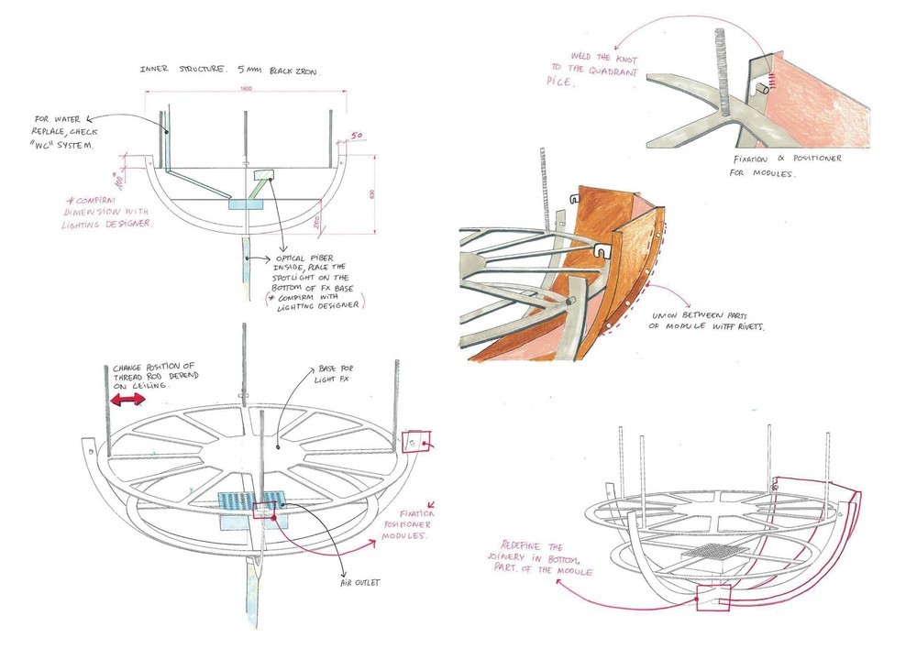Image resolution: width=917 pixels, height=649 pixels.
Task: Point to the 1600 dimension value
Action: pyautogui.click(x=246, y=89)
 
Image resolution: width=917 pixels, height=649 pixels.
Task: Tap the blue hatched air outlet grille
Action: pyautogui.click(x=251, y=501)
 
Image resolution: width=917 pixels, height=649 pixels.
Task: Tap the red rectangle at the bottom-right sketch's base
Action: pyautogui.click(x=712, y=598)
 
